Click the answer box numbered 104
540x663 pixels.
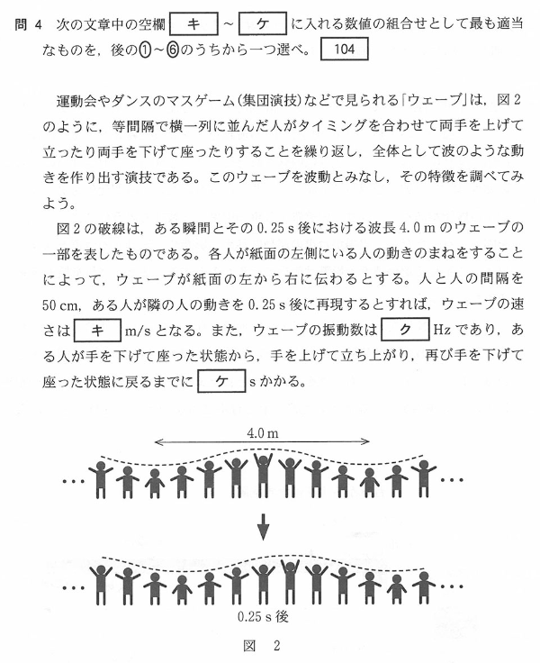pyautogui.click(x=337, y=50)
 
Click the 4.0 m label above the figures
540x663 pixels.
pyautogui.click(x=262, y=433)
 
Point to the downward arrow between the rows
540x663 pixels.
pyautogui.click(x=263, y=526)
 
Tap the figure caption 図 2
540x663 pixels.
pyautogui.click(x=262, y=646)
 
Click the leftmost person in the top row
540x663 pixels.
pyautogui.click(x=102, y=479)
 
